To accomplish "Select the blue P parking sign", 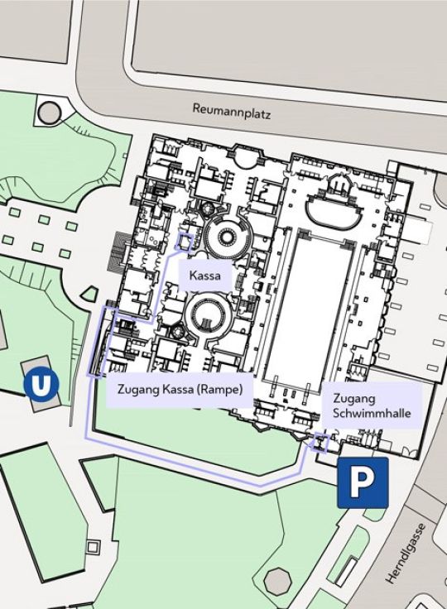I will tap(363, 482).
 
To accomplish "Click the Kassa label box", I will tap(204, 276).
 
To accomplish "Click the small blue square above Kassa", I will tap(185, 242).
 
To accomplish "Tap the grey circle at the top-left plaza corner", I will tap(50, 111).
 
